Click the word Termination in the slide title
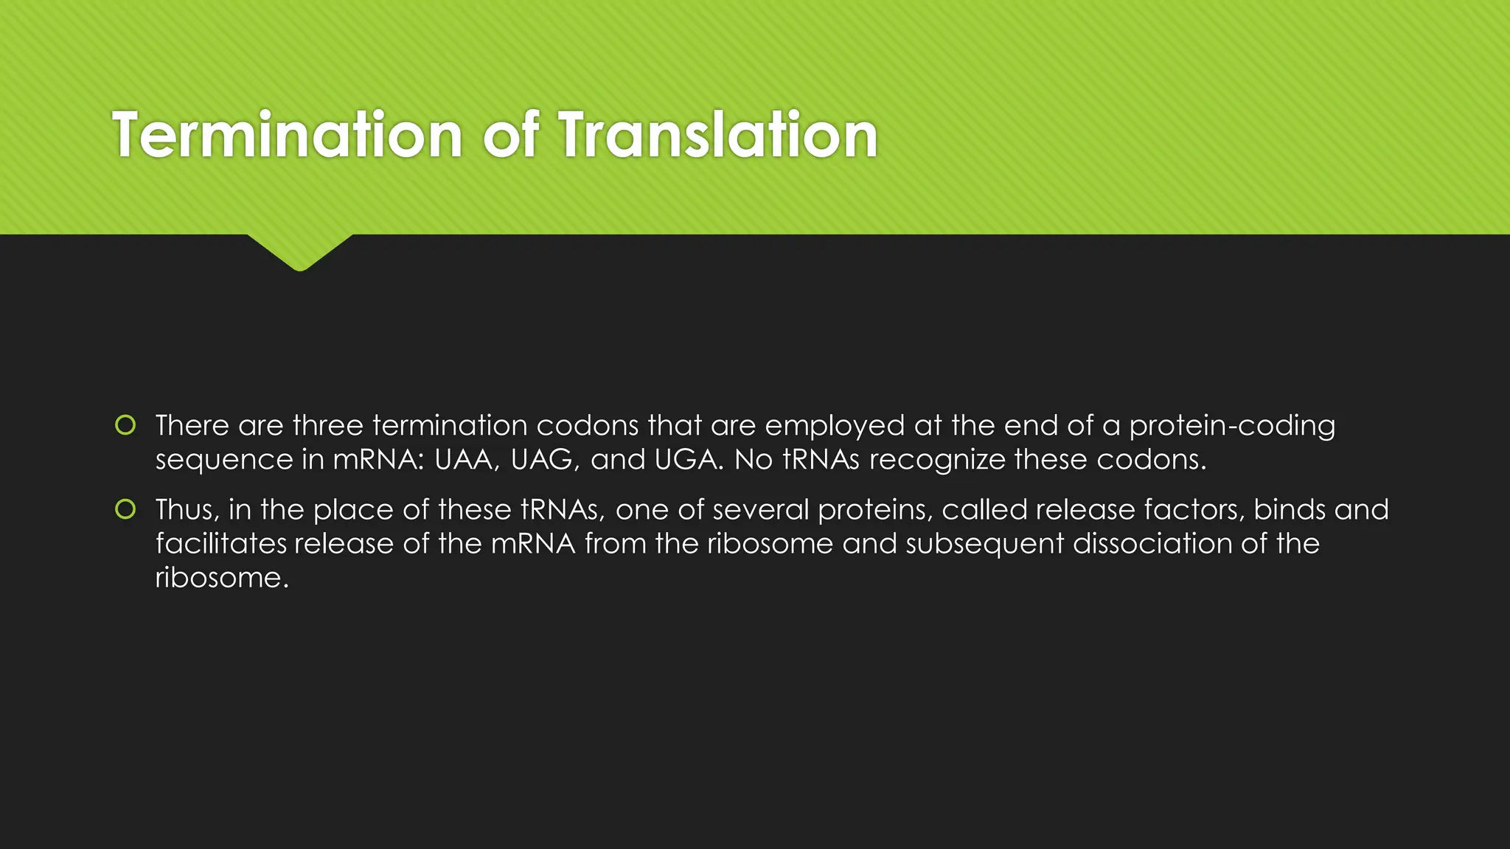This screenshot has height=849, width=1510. (x=288, y=135)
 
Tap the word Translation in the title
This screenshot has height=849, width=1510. (x=717, y=135)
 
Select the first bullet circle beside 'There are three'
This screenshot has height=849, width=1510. (x=126, y=425)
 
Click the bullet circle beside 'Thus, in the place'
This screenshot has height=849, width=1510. (x=126, y=509)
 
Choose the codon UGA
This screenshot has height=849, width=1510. (x=689, y=460)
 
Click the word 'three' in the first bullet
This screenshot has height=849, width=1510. (x=328, y=426)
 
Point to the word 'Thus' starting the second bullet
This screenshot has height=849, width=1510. (x=187, y=510)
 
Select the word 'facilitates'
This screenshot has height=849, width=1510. (x=220, y=544)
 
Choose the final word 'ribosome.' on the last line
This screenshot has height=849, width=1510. (x=222, y=578)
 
